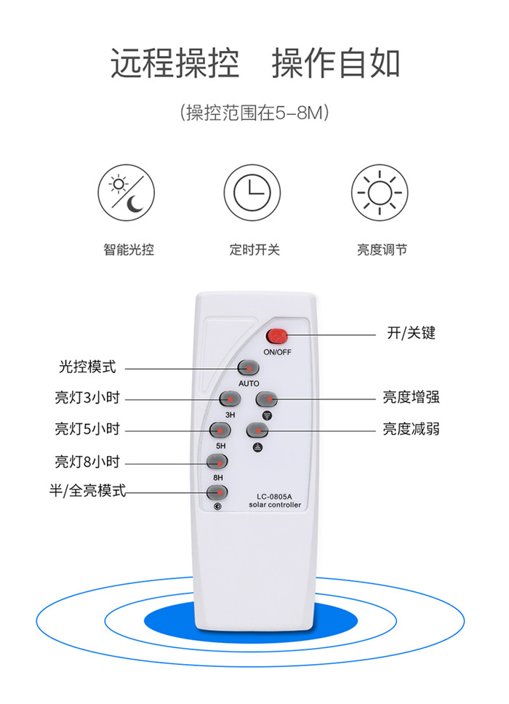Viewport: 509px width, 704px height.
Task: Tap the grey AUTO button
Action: point(248,368)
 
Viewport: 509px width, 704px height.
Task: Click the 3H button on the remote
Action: point(230,399)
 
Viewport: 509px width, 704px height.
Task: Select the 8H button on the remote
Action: point(217,461)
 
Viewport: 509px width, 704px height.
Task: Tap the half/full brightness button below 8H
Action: point(217,492)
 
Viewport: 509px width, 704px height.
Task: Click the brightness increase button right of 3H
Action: point(267,399)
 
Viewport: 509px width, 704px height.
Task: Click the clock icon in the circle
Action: point(252,193)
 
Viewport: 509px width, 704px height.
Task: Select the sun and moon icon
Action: point(126,193)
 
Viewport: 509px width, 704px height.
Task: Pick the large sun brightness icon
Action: point(380,193)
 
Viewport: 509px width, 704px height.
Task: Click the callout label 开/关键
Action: point(411,333)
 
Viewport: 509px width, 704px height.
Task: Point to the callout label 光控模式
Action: point(87,367)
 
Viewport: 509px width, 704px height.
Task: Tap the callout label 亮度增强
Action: point(411,397)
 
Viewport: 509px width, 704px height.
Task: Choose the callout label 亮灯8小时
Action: point(87,462)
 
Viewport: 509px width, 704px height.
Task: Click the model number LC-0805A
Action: point(274,497)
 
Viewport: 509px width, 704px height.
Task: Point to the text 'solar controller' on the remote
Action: point(275,505)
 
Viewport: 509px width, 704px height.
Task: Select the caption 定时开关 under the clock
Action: point(254,249)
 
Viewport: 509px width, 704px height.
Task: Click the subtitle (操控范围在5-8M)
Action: point(254,113)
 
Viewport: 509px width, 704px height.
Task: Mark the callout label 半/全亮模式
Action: point(87,490)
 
